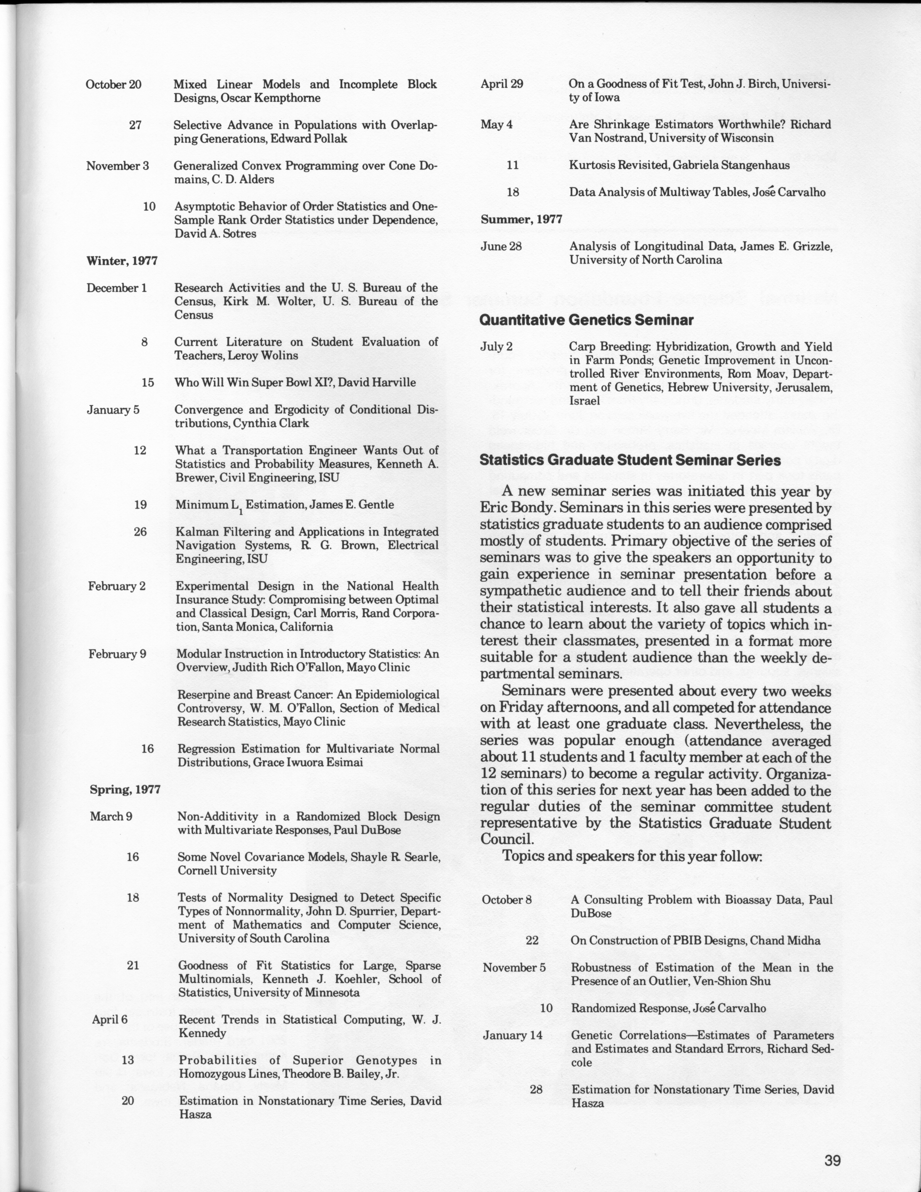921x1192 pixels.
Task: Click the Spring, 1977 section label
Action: tap(125, 789)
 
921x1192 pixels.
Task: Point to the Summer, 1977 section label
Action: tap(521, 219)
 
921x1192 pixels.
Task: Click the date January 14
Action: tap(512, 1035)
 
